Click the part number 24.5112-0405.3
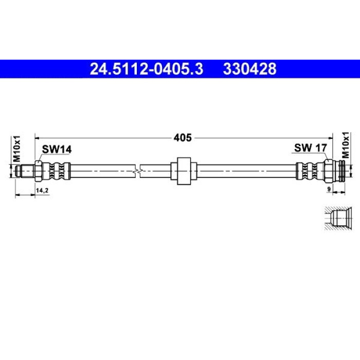tap(147, 69)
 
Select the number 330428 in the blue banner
tap(250, 69)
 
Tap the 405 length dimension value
tap(183, 138)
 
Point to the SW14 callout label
tap(57, 150)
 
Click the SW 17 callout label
tap(310, 148)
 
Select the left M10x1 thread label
tap(17, 149)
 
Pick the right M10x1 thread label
tap(345, 145)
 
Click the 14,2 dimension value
tap(43, 190)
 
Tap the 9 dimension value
tap(329, 189)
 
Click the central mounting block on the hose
tap(184, 171)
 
